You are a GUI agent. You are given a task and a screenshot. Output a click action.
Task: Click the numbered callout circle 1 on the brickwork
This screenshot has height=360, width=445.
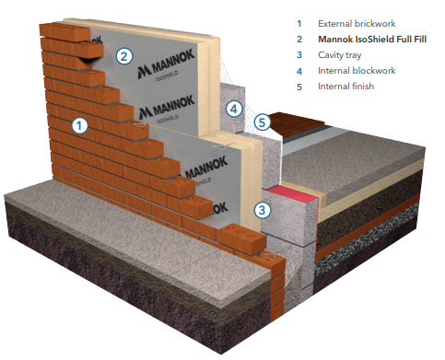pos(79,125)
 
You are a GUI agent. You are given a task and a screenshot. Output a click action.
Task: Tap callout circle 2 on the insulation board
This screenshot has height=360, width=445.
pos(124,56)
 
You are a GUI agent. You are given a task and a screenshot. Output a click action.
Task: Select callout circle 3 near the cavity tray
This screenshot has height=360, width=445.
pos(263,210)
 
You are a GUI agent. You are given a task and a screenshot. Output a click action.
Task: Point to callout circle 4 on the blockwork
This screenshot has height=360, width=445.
pos(234,109)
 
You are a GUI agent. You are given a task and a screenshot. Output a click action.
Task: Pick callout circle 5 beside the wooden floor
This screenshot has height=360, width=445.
pos(262,122)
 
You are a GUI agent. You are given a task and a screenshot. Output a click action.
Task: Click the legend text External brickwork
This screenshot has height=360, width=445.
pos(357,24)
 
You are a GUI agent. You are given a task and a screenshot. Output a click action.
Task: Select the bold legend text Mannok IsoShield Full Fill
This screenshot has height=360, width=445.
pos(372,40)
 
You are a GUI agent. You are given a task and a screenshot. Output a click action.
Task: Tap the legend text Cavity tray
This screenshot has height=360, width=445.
pos(339,55)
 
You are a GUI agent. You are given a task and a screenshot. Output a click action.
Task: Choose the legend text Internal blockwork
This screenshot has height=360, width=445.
pos(357,71)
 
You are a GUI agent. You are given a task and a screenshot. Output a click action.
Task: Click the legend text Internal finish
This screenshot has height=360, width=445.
pos(345,87)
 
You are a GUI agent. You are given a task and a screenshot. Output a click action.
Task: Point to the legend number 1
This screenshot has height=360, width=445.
pos(299,24)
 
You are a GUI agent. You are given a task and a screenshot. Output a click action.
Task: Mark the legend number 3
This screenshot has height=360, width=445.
pos(299,55)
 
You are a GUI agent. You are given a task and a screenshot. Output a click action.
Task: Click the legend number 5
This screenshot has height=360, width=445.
pos(299,87)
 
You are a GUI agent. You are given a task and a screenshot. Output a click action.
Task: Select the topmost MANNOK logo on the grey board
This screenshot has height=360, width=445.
pos(166,64)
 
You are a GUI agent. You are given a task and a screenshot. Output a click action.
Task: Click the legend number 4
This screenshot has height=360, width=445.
pos(299,72)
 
